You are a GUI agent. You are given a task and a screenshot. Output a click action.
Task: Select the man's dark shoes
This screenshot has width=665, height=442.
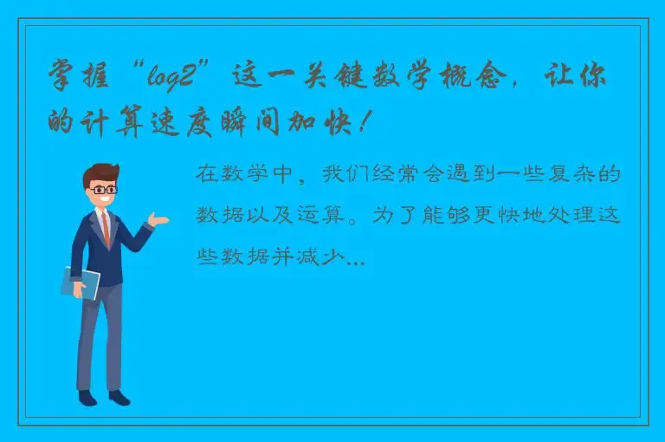[x=103, y=397]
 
